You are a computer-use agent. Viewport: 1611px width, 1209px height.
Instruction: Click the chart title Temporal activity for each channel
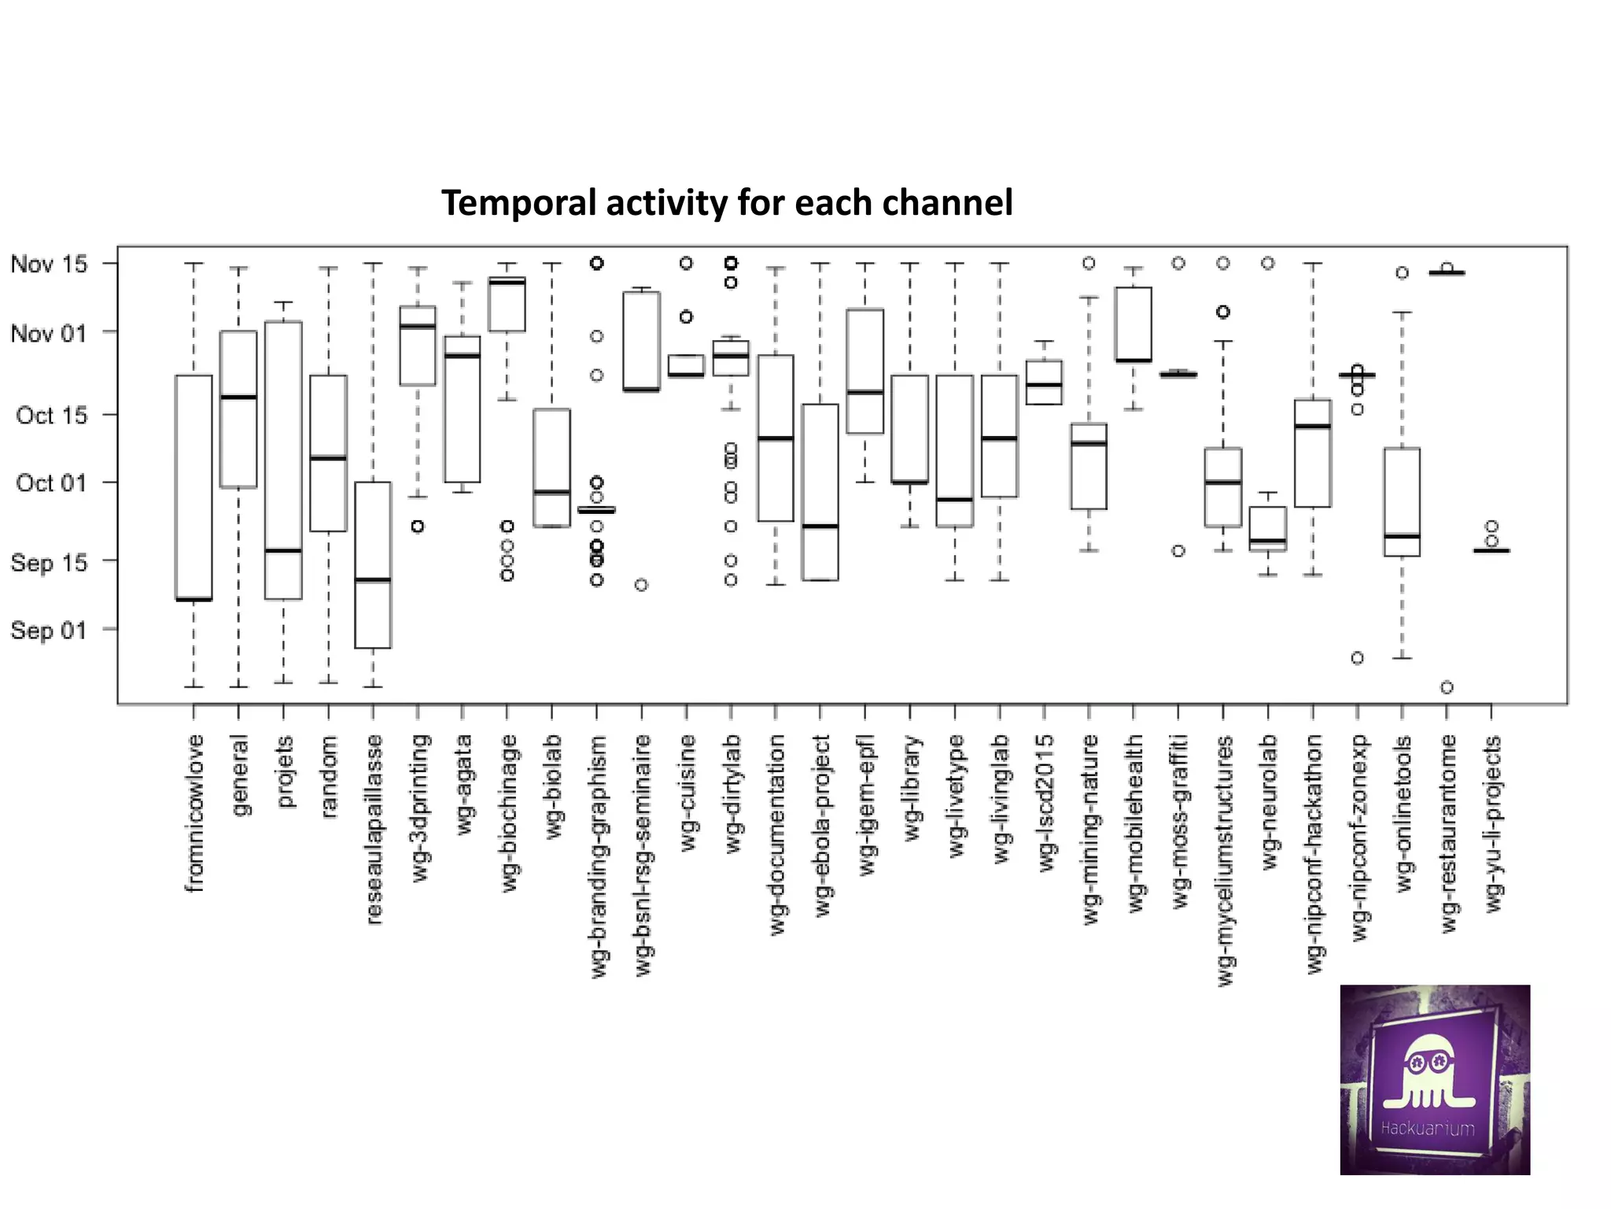click(727, 202)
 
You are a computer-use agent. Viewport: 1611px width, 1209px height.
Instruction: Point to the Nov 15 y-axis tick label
click(49, 264)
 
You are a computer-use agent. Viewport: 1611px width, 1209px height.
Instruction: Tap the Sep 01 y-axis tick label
click(49, 630)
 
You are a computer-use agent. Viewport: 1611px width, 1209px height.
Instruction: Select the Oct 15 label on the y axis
click(52, 415)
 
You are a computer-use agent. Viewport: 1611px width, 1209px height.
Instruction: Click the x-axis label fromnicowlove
click(194, 813)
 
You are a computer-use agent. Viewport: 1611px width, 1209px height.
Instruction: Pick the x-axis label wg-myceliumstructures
click(1224, 860)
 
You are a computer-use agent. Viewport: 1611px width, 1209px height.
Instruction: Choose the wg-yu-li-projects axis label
click(1493, 823)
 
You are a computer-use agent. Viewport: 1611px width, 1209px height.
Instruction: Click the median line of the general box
click(238, 397)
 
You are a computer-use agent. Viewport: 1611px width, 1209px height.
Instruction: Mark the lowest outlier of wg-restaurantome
click(1447, 687)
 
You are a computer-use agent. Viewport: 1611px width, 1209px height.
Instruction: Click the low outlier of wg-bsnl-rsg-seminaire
click(641, 585)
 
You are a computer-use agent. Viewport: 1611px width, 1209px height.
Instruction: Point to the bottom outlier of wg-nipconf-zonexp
click(1357, 658)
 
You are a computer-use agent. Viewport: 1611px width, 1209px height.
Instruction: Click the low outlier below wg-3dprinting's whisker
click(418, 526)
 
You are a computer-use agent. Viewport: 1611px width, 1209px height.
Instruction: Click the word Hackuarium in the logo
click(1427, 1129)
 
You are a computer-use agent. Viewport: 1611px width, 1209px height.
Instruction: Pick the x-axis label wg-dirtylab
click(732, 793)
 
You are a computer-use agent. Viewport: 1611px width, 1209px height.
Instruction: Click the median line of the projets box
click(283, 550)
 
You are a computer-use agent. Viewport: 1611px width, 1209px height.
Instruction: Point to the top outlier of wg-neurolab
click(1268, 263)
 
